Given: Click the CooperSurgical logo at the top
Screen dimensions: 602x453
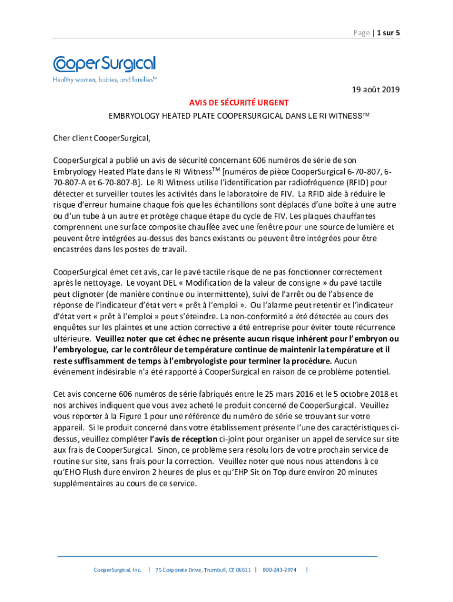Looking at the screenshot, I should (104, 64).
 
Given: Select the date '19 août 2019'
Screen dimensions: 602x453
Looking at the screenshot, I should (375, 90).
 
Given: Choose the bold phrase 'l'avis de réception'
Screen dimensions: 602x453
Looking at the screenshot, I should (184, 439).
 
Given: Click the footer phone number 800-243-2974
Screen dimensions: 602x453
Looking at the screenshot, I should (279, 570).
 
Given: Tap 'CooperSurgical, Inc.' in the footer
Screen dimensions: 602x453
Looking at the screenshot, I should (118, 570).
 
